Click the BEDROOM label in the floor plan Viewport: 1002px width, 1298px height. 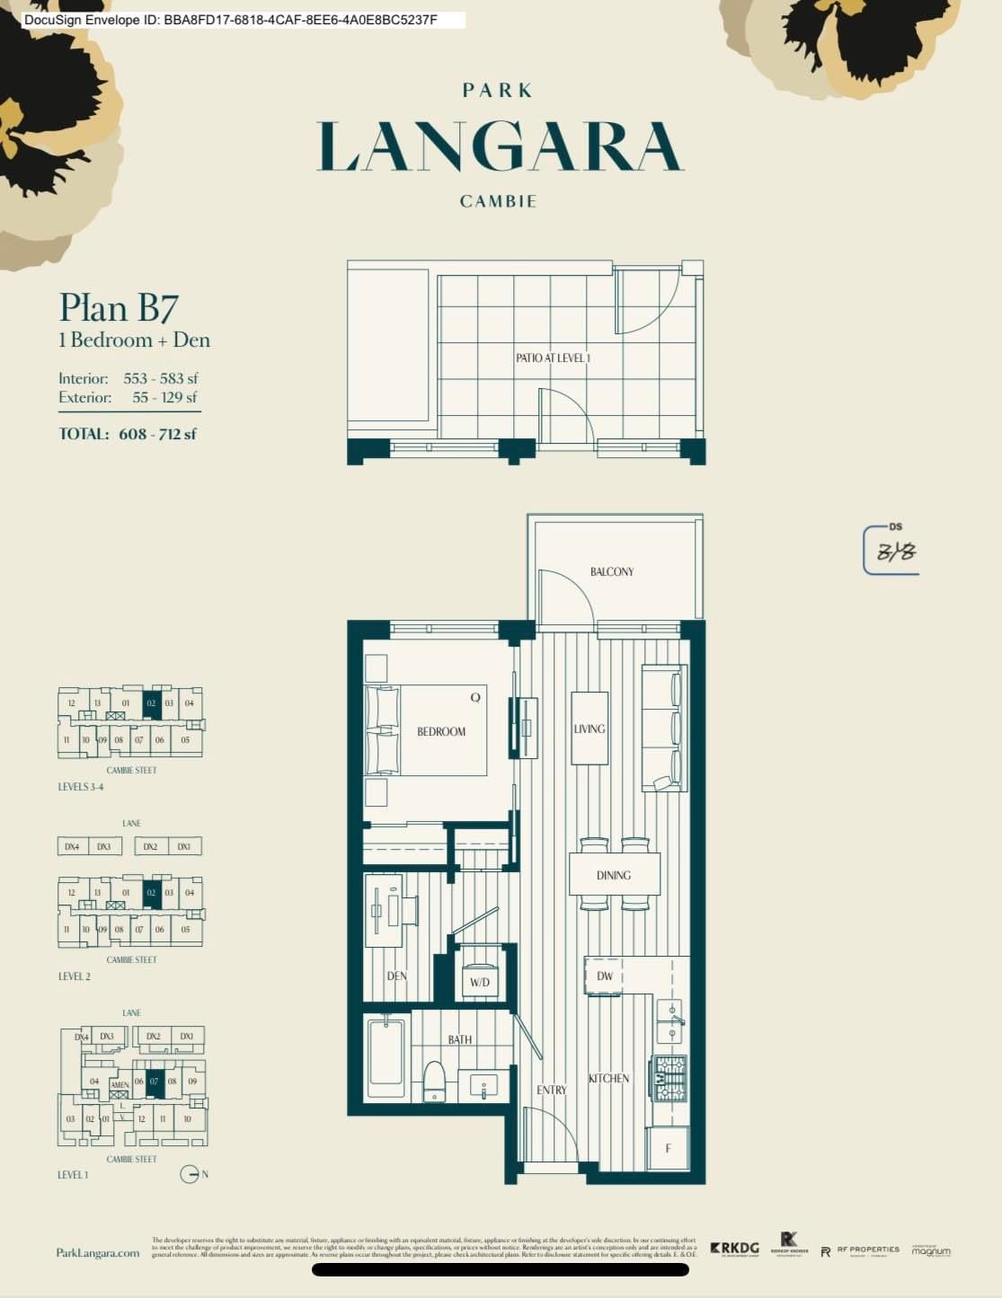point(441,731)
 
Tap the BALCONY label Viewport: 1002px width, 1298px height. point(612,571)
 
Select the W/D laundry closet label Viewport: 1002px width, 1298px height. point(480,982)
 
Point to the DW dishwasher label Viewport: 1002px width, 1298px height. point(605,976)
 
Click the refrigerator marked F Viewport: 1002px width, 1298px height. point(668,1149)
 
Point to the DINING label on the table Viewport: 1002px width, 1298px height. point(614,875)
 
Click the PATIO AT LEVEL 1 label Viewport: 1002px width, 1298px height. point(553,358)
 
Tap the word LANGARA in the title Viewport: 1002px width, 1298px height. point(500,148)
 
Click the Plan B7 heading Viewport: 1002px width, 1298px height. point(119,308)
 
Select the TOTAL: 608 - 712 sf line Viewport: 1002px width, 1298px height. point(128,434)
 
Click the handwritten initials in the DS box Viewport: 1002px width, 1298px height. point(895,552)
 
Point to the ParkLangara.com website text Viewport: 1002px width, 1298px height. point(98,1253)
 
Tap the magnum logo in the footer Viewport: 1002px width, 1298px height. point(930,1250)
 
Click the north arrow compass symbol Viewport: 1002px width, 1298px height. point(189,1174)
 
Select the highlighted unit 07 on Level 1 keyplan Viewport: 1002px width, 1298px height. point(154,1082)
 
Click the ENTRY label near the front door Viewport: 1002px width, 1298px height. point(552,1090)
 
